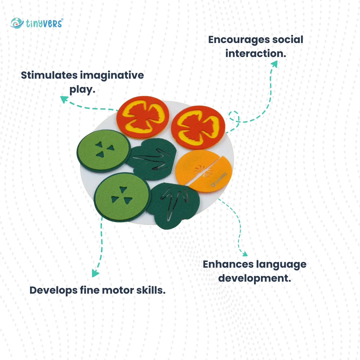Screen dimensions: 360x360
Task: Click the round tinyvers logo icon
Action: [17, 23]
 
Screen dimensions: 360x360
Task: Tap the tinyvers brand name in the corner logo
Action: [44, 23]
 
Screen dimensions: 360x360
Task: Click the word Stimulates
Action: [49, 75]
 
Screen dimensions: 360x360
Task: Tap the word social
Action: [288, 39]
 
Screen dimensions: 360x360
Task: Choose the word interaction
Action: [256, 53]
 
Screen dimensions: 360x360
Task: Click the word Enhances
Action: [228, 264]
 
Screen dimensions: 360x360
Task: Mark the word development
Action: [255, 279]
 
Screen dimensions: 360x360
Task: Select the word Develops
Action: [53, 291]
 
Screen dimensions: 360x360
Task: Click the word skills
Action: [151, 290]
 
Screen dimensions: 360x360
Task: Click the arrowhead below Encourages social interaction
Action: [274, 64]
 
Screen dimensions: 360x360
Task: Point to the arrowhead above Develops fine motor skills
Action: [95, 273]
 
